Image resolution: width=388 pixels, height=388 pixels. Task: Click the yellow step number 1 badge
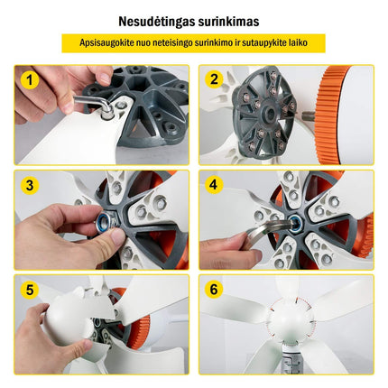tap(30, 80)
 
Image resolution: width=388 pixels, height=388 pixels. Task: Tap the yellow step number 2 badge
tap(214, 79)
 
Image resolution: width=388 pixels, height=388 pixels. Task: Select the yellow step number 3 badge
tap(30, 185)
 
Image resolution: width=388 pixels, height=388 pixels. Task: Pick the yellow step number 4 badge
tap(213, 184)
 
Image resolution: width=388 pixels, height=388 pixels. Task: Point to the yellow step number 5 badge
tap(30, 290)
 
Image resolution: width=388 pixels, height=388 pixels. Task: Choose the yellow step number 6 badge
tap(214, 289)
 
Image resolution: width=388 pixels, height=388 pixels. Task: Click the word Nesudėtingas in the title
tap(156, 23)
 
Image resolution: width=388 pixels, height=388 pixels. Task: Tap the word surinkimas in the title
tap(228, 22)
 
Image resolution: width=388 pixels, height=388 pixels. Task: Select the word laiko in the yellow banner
tap(298, 42)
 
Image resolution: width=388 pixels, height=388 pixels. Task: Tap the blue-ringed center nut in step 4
tap(295, 223)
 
